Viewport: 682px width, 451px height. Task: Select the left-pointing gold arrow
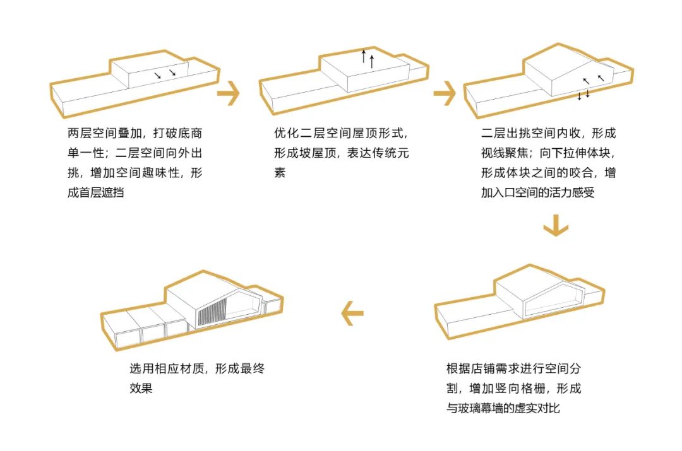352,313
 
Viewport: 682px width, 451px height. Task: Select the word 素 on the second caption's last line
280,172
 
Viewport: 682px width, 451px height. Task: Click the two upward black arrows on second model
368,58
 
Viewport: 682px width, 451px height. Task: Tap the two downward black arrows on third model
583,95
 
